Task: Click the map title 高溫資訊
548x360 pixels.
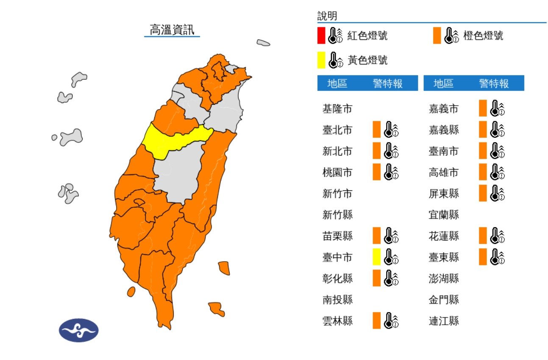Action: [x=172, y=30]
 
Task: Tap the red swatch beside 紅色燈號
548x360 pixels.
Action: [x=321, y=36]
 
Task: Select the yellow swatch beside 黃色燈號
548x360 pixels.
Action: [x=321, y=60]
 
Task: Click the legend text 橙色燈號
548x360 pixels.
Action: [x=483, y=36]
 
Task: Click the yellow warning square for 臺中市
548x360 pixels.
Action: [x=376, y=257]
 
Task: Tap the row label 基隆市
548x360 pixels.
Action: [x=337, y=109]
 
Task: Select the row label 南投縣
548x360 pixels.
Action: [x=337, y=300]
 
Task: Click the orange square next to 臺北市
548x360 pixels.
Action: [x=376, y=130]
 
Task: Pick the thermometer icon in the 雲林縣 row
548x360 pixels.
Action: [x=391, y=321]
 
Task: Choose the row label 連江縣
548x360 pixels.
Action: [x=444, y=321]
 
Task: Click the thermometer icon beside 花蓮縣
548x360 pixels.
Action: [x=497, y=236]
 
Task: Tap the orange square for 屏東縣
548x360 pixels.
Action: [x=483, y=193]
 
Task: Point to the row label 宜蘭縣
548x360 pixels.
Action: [x=444, y=215]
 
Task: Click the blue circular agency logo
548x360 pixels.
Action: [x=79, y=330]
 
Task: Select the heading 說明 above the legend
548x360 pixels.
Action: [x=327, y=16]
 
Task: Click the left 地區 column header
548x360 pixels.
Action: [x=337, y=84]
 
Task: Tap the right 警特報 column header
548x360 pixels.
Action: [x=494, y=84]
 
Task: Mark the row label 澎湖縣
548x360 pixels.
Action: [x=444, y=279]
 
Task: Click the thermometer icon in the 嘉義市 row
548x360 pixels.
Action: [x=497, y=109]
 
